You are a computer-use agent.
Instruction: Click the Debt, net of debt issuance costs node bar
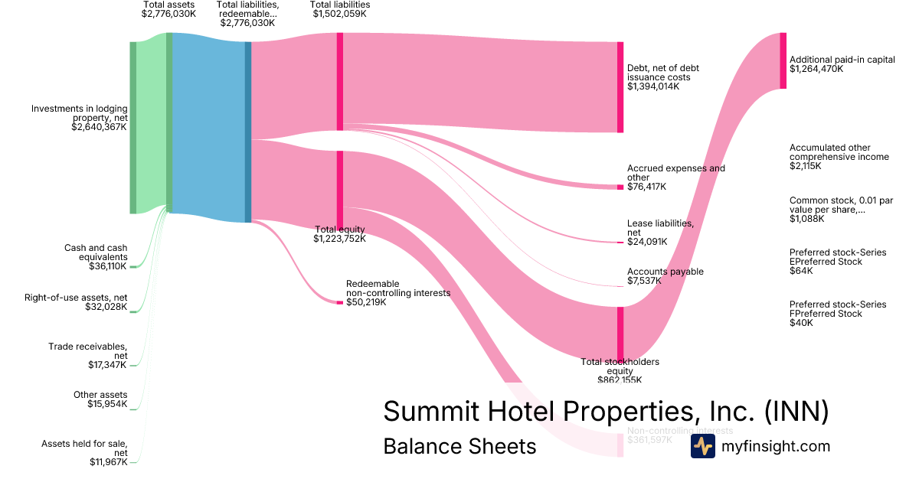tap(620, 87)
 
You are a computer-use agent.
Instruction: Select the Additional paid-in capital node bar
tap(783, 60)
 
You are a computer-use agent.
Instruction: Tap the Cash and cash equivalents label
tap(96, 252)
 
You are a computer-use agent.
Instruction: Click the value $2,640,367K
tap(99, 128)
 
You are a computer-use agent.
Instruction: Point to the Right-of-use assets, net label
tap(76, 297)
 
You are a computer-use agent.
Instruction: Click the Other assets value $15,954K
tap(107, 404)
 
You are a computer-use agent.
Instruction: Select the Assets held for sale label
tap(84, 448)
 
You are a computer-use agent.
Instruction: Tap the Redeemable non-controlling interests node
tap(340, 303)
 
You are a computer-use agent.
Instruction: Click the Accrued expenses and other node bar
tap(620, 187)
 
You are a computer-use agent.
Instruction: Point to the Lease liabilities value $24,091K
tap(647, 242)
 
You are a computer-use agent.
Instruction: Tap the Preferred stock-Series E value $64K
tap(800, 271)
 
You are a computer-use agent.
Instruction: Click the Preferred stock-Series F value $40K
tap(801, 323)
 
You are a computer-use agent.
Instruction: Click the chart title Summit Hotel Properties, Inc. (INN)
tap(606, 412)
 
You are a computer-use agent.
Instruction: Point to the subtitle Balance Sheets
tap(459, 446)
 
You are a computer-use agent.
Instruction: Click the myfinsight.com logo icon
tap(702, 446)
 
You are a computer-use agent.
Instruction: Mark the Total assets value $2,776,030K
tap(168, 15)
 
